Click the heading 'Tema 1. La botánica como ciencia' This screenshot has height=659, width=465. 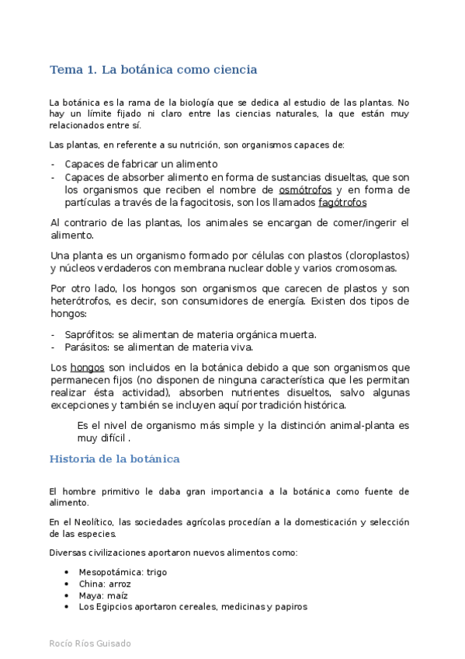pos(153,70)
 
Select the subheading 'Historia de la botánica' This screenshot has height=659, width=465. pos(114,459)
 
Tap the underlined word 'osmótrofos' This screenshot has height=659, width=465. pos(305,190)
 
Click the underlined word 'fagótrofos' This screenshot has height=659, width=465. pos(342,203)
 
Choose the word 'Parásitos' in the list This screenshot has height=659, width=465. pos(87,347)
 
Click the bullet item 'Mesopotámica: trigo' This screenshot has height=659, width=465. pos(123,572)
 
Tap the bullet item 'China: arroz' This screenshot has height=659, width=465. pos(105,584)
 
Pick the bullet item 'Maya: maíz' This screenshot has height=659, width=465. pos(102,595)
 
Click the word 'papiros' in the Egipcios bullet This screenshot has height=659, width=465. pos(290,607)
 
